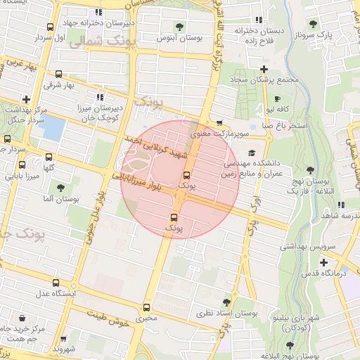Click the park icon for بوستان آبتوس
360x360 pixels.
click(180, 27)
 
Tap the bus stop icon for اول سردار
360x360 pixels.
click(49, 27)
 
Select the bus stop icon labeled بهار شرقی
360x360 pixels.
click(58, 74)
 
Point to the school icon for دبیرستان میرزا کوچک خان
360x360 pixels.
click(99, 98)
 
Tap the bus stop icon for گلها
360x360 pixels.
click(49, 157)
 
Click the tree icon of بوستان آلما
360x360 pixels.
click(61, 188)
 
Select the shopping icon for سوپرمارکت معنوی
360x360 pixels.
click(220, 122)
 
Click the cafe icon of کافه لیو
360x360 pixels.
click(276, 99)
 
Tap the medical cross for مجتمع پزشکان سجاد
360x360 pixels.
click(264, 69)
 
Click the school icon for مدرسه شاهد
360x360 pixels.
click(340, 205)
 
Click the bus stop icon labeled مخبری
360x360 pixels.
click(146, 307)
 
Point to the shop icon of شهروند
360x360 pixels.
click(64, 337)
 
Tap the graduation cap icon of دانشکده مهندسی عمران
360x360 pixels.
click(252, 153)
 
